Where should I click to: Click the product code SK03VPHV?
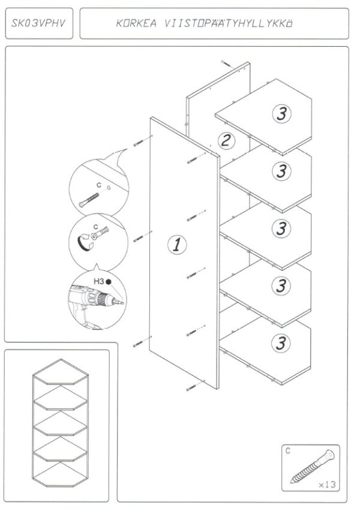[x=37, y=23]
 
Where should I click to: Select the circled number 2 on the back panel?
[x=226, y=141]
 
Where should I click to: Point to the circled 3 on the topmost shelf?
[x=281, y=113]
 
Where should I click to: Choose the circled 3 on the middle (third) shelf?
[x=280, y=228]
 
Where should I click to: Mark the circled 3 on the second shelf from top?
[x=280, y=171]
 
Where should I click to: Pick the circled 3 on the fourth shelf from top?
[x=280, y=285]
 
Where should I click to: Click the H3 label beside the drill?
[x=98, y=280]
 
